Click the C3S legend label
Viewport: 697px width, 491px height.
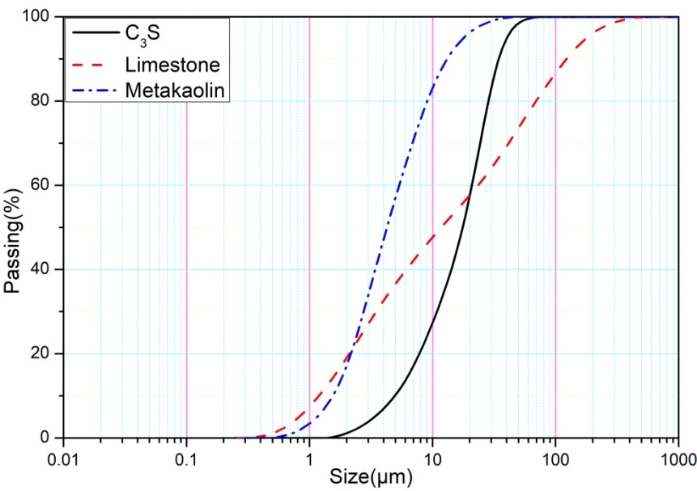142,35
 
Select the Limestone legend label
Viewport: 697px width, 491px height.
168,63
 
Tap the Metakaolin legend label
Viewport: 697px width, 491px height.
175,90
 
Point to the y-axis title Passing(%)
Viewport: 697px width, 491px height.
13,227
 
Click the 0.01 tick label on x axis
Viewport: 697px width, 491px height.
64,456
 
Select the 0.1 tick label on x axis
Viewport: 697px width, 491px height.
186,456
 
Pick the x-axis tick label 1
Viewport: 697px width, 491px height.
309,456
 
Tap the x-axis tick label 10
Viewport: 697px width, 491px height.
432,456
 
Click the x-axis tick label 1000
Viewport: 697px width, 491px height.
676,456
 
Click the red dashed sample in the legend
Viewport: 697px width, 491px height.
94,63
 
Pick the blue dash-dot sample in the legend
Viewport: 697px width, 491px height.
94,90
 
